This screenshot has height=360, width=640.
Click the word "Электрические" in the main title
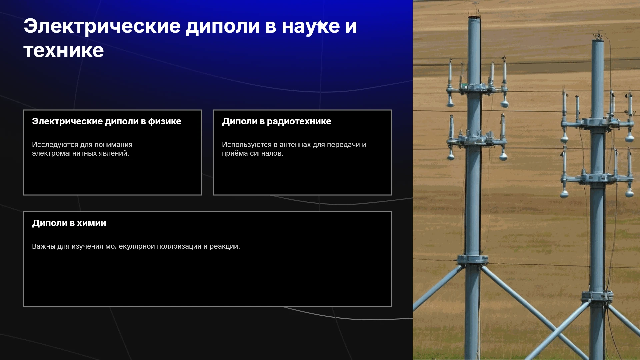pyautogui.click(x=102, y=26)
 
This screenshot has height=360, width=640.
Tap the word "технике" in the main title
pyautogui.click(x=64, y=51)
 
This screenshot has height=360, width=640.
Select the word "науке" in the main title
pyautogui.click(x=311, y=26)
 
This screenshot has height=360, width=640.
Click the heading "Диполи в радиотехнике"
pyautogui.click(x=277, y=122)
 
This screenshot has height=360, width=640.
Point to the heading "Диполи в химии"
pyautogui.click(x=69, y=223)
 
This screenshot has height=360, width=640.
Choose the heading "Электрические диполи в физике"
pyautogui.click(x=107, y=122)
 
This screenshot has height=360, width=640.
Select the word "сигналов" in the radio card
pyautogui.click(x=266, y=153)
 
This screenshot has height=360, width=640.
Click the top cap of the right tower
pyautogui.click(x=598, y=38)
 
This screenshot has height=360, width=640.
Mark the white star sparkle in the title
pyautogui.click(x=320, y=24)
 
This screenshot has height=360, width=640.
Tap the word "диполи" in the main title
pyautogui.click(x=223, y=26)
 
